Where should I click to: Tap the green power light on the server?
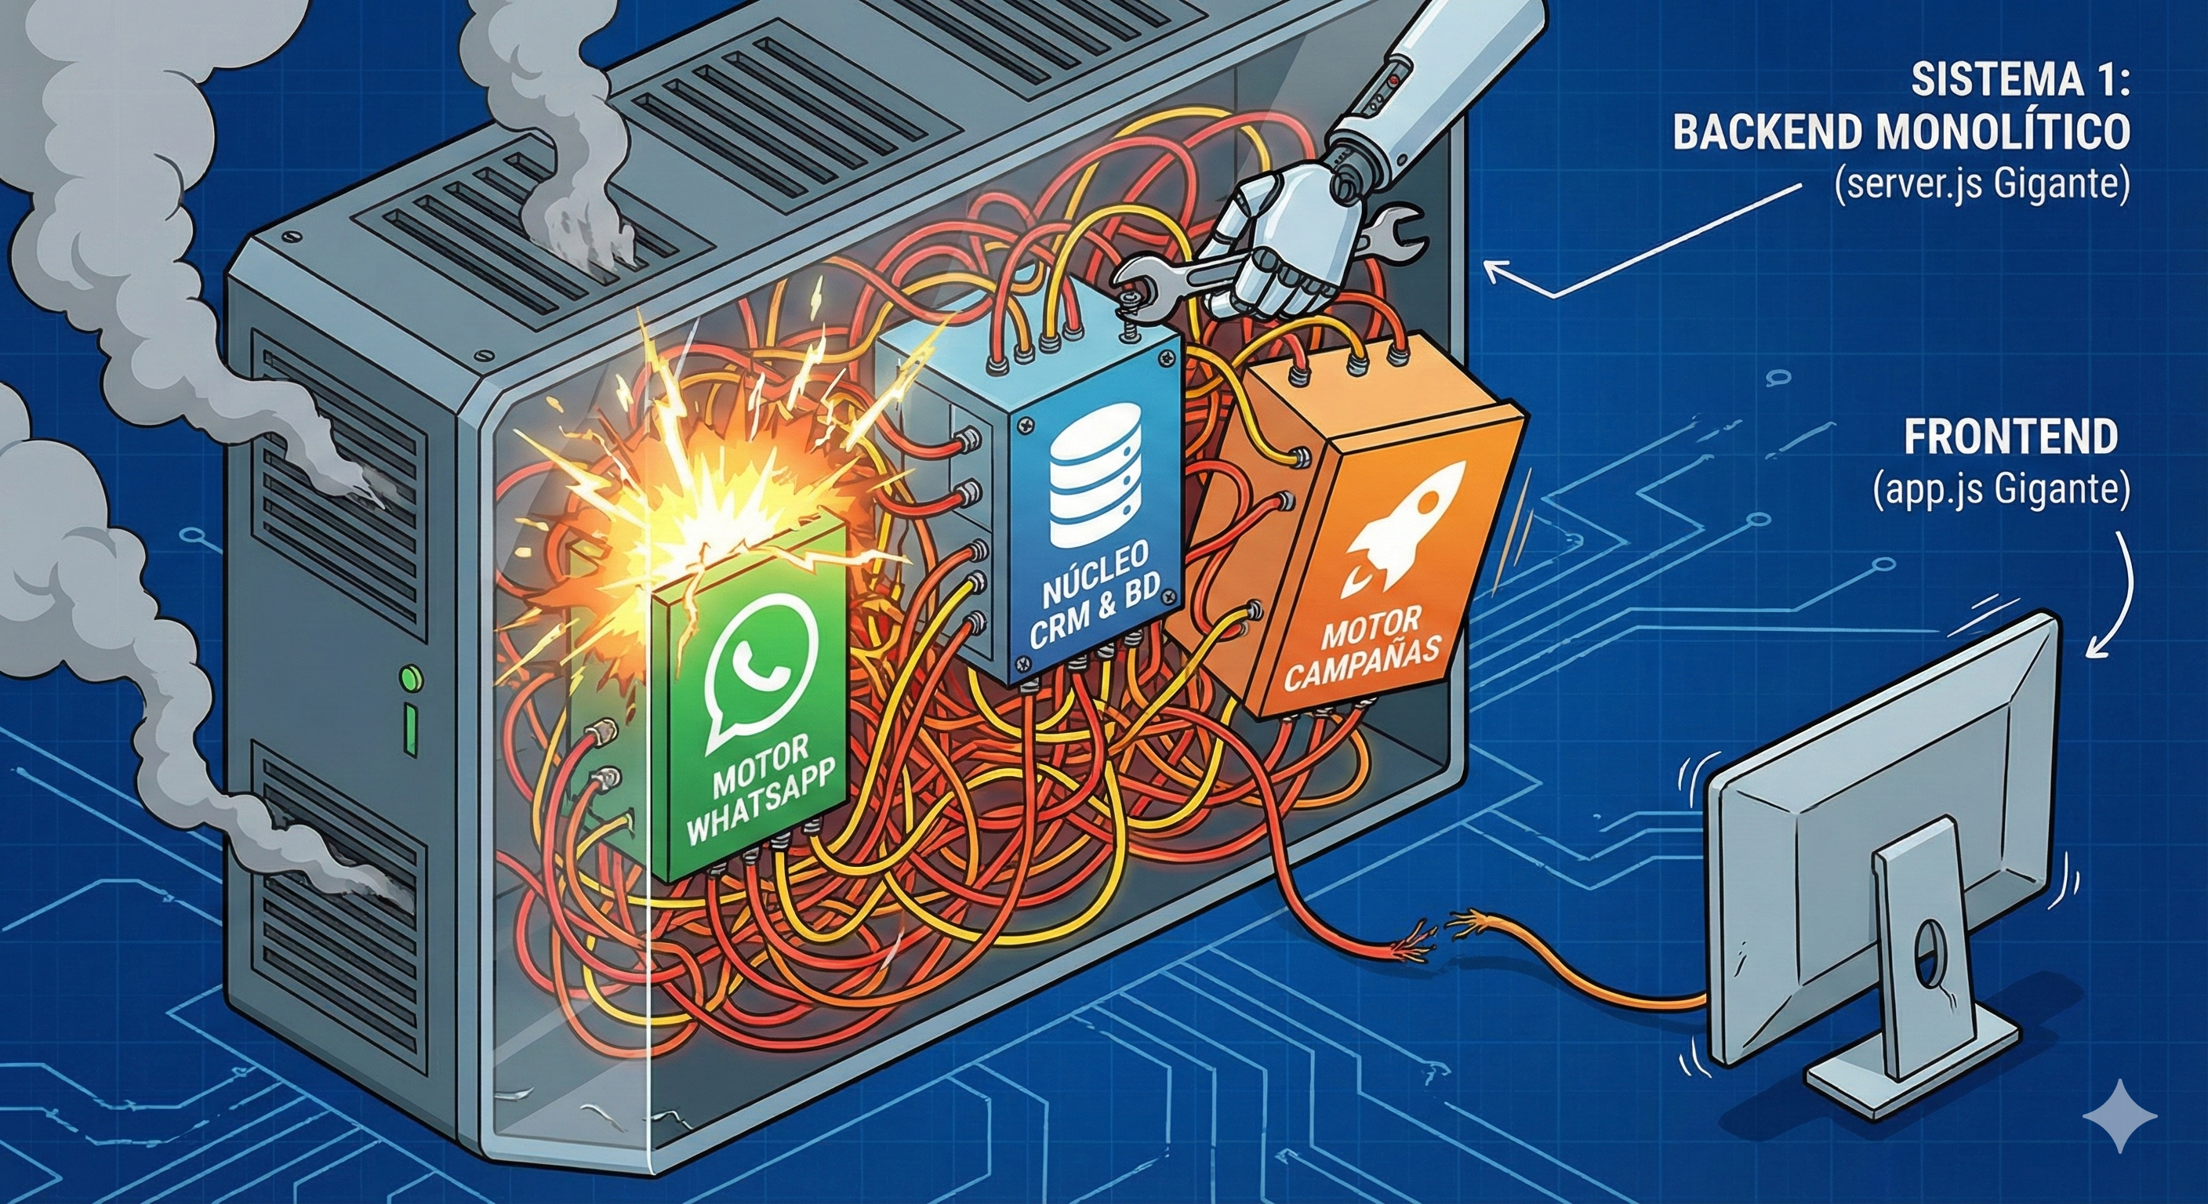tap(412, 680)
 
